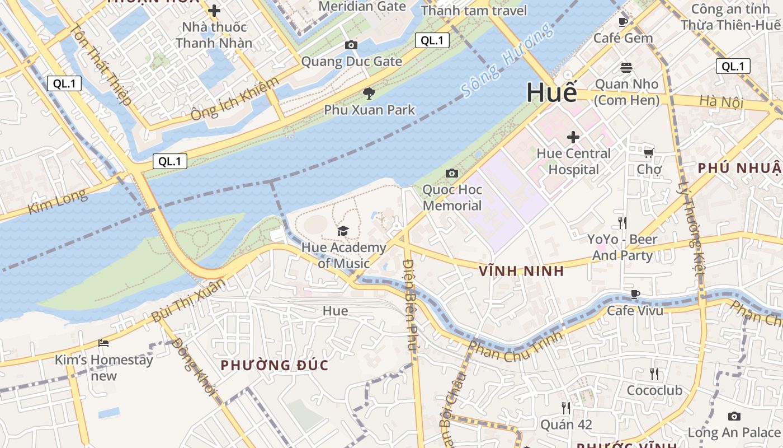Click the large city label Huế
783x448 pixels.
coord(551,92)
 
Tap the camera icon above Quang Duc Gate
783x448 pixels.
coord(351,45)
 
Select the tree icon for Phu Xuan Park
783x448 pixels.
coord(369,94)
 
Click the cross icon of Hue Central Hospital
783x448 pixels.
coord(573,137)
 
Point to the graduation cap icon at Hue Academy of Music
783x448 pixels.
coord(343,231)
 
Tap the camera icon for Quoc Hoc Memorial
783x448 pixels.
coord(452,174)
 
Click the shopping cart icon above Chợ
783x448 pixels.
coord(648,153)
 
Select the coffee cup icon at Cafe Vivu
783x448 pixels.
coord(635,294)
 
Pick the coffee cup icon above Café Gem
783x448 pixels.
coord(622,22)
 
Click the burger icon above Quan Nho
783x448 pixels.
coord(626,68)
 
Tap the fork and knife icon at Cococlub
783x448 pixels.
coord(654,374)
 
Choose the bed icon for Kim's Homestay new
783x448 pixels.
coord(103,343)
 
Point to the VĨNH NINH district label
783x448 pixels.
coord(520,272)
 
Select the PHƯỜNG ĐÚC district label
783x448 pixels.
coord(274,366)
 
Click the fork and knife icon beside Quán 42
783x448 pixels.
coord(566,408)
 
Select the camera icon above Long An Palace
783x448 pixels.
coord(734,416)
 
